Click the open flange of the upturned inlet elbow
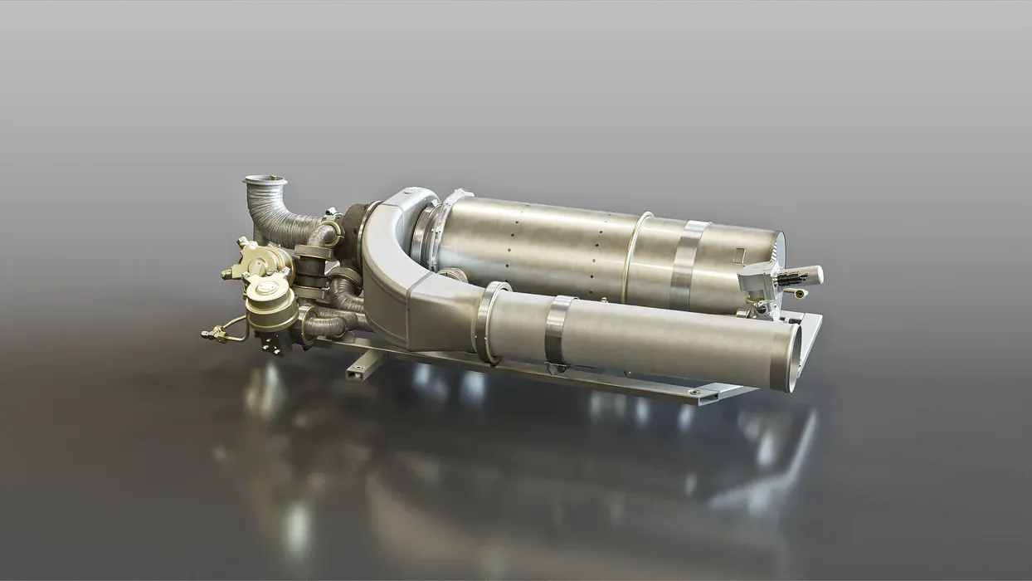(264, 180)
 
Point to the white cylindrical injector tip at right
(806, 275)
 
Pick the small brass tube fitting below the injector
(799, 293)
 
